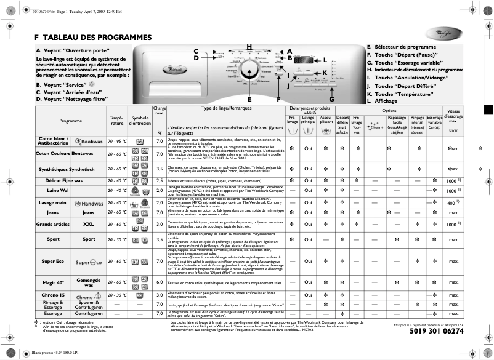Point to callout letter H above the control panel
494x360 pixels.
point(249,47)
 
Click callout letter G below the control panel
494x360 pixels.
point(331,98)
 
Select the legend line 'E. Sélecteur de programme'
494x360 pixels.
point(401,47)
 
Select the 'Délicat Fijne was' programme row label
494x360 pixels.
point(70,180)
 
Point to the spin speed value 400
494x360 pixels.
point(451,202)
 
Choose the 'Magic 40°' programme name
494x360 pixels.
point(53,283)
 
